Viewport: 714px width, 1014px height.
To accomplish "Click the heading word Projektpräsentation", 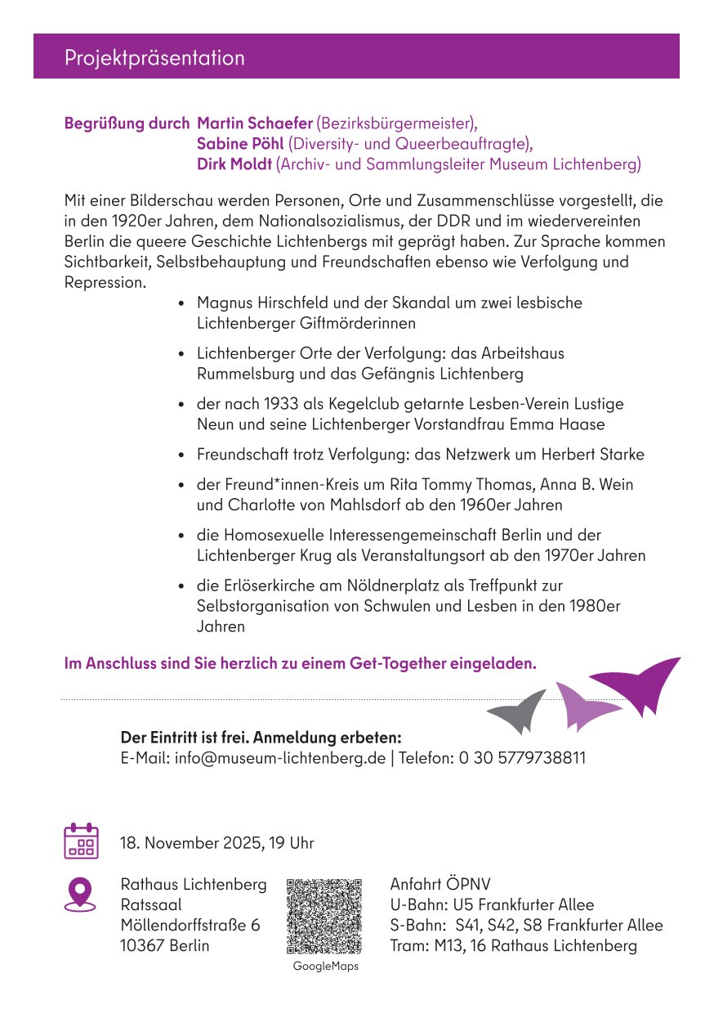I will pos(154,58).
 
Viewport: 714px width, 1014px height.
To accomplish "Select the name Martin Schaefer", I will pos(255,123).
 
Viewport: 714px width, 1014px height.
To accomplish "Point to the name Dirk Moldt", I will pos(234,164).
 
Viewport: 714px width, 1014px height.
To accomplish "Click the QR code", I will pos(324,916).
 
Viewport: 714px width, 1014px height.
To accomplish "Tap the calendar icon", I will pos(81,841).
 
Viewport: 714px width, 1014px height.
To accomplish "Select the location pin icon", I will pos(80,894).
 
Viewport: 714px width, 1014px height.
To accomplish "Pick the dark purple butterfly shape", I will pos(640,683).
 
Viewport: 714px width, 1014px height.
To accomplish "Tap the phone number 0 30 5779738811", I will pos(522,757).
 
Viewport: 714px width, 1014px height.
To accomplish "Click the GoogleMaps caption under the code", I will pos(325,966).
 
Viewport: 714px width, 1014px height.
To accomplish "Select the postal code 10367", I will pos(143,946).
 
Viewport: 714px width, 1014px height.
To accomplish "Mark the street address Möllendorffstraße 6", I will pos(190,926).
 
